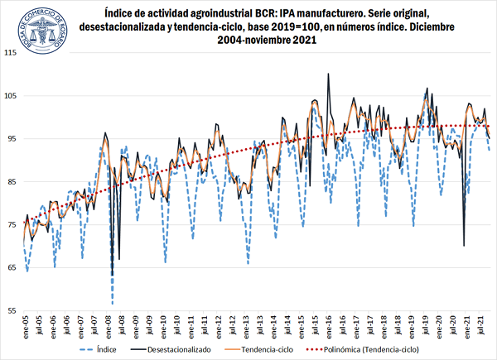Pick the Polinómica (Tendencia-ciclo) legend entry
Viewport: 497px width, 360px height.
394,349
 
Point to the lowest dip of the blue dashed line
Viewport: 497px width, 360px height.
112,303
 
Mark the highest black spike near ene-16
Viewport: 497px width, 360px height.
328,74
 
